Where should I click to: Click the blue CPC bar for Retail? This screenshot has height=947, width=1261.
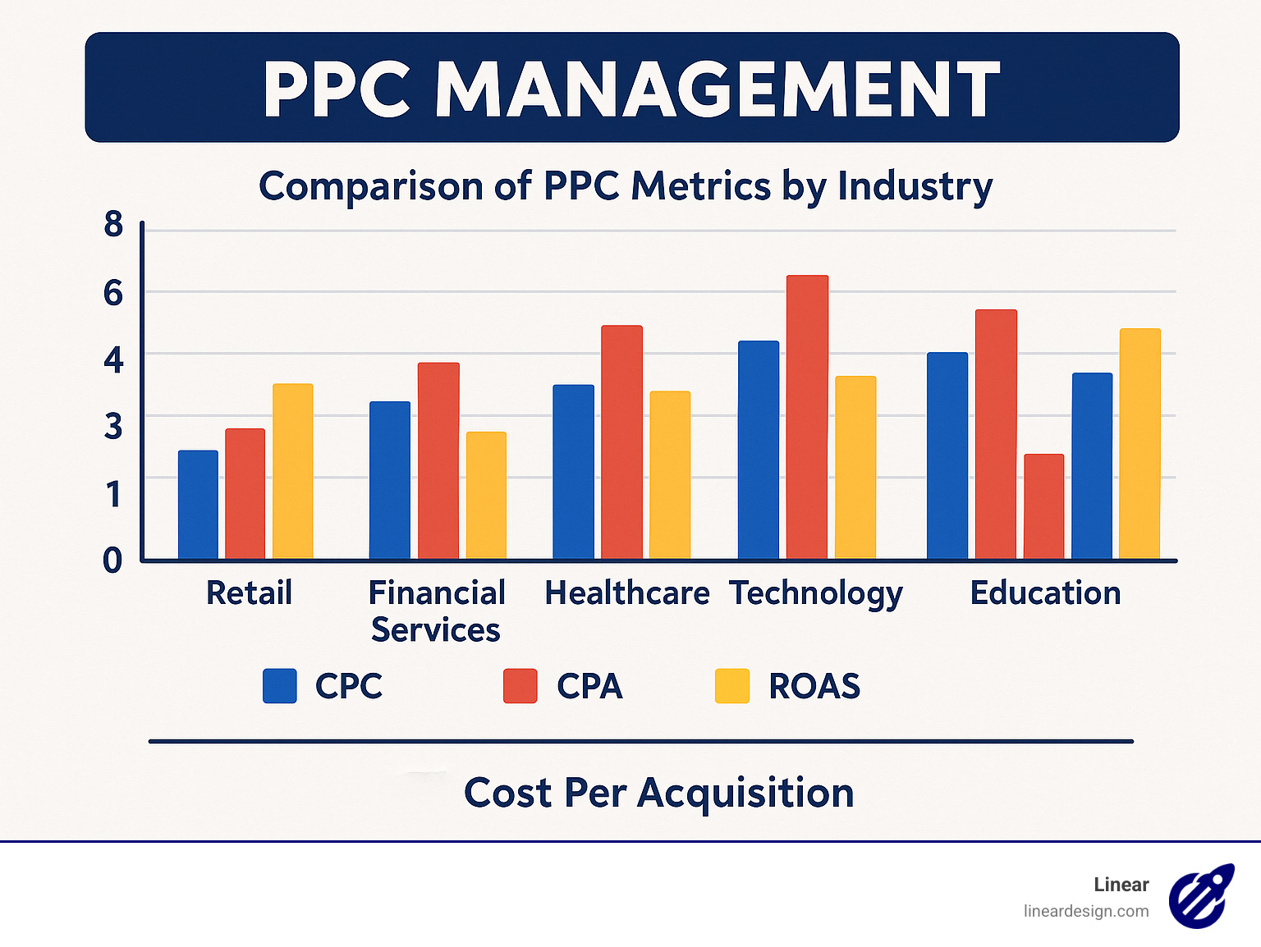coord(198,505)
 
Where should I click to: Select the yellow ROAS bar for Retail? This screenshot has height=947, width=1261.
coord(293,472)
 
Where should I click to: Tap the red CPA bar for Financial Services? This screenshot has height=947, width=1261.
coord(438,461)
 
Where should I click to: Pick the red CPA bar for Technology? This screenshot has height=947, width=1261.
coord(807,418)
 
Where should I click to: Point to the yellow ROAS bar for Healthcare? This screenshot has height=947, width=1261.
coord(670,475)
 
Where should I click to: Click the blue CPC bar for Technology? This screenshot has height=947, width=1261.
coord(759,451)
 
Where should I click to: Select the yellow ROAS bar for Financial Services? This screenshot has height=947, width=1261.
coord(486,496)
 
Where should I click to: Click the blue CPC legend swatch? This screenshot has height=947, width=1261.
coord(279,686)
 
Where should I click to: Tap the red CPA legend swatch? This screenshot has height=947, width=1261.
coord(520,686)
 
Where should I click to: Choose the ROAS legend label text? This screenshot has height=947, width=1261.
coord(814,686)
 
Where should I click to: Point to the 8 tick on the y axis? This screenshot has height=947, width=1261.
coord(113,224)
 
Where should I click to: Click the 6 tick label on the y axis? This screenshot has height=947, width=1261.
coord(113,293)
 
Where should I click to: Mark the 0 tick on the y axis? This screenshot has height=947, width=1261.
coord(112,560)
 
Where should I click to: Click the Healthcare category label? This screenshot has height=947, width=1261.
coord(627,592)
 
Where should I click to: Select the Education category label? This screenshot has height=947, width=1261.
coord(1045,592)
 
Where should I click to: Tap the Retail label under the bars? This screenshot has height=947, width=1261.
coord(249,592)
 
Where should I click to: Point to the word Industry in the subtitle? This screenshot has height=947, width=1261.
coord(915,186)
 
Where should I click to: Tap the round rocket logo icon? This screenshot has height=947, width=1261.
coord(1201,896)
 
